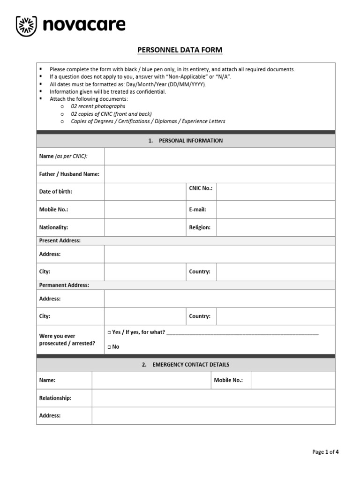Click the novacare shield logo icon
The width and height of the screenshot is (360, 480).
click(26, 26)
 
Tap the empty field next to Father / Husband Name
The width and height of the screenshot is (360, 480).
click(220, 174)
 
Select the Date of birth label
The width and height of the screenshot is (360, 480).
click(56, 192)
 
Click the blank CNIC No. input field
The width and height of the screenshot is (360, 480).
click(276, 192)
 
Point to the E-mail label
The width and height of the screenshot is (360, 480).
click(197, 210)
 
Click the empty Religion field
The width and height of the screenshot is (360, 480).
click(276, 227)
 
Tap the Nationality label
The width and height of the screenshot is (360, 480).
click(53, 227)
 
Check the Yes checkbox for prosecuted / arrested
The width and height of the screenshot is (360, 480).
click(109, 332)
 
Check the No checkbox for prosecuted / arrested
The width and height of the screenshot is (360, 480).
click(109, 347)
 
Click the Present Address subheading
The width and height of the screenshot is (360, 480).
click(60, 240)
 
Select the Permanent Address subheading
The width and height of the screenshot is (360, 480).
click(64, 285)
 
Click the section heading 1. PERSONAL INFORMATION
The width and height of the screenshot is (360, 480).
click(186, 141)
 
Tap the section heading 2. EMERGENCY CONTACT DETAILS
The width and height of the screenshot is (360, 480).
click(186, 364)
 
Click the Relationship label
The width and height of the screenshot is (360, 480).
click(55, 398)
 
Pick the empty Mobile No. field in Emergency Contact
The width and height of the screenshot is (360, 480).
click(293, 380)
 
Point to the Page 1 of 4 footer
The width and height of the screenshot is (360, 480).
click(325, 452)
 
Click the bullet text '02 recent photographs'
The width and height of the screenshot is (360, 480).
click(98, 106)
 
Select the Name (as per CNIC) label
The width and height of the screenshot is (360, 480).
click(63, 156)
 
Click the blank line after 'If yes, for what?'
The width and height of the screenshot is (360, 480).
click(242, 332)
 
